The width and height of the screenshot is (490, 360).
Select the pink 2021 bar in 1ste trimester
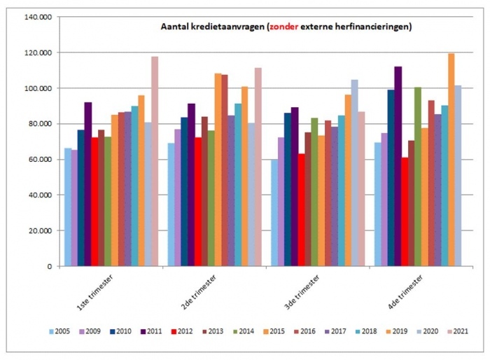pyautogui.click(x=155, y=161)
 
